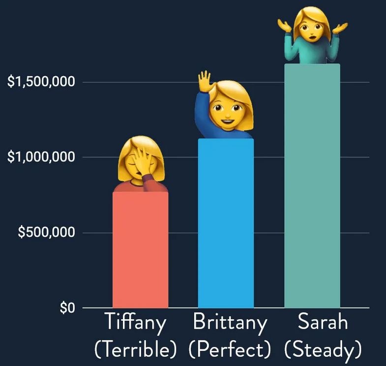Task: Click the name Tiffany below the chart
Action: pyautogui.click(x=135, y=323)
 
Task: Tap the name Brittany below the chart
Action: pyautogui.click(x=230, y=323)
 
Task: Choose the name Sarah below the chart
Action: pyautogui.click(x=323, y=323)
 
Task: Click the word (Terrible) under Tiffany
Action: pyautogui.click(x=135, y=349)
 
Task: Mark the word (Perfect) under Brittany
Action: pyautogui.click(x=230, y=349)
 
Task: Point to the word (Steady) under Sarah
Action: pyautogui.click(x=323, y=349)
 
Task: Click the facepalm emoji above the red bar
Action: pyautogui.click(x=141, y=165)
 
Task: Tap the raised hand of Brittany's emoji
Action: pyautogui.click(x=204, y=81)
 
